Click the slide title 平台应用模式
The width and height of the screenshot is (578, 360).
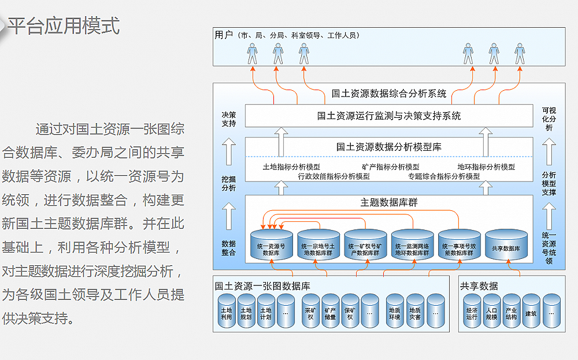pos(64,26)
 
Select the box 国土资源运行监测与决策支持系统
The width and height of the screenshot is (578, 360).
pos(388,116)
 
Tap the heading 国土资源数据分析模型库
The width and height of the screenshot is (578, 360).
pos(388,147)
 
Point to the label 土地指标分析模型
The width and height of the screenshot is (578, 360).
pos(291,167)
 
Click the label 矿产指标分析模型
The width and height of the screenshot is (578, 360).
pos(390,167)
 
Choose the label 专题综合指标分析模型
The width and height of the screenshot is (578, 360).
pos(444,176)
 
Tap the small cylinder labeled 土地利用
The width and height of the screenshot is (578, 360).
pos(226,312)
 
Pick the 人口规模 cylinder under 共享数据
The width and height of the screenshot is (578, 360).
pos(491,312)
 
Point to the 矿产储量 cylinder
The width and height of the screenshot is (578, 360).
pos(330,312)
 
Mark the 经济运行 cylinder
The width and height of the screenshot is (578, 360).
pos(472,312)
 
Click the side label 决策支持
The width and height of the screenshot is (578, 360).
pos(228,119)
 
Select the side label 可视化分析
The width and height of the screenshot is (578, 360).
pos(549,119)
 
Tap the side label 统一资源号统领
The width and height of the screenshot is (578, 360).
pos(549,248)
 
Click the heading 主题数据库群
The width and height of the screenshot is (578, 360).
pos(388,203)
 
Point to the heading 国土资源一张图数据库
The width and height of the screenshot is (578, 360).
pos(262,286)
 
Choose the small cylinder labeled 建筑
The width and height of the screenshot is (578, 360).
pos(531,312)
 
